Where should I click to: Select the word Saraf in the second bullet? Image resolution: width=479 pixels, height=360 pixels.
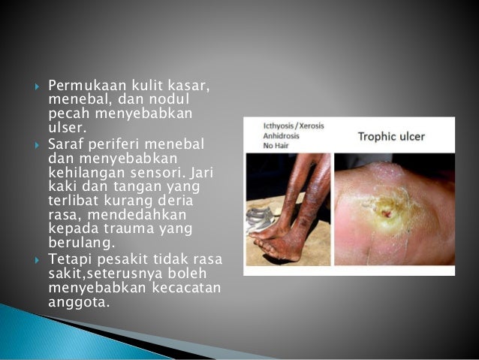click(x=65, y=144)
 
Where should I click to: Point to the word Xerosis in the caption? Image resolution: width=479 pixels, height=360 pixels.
click(x=310, y=126)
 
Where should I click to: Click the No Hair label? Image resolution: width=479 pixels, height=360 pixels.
click(x=275, y=146)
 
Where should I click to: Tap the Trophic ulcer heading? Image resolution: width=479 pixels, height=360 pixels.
click(x=392, y=137)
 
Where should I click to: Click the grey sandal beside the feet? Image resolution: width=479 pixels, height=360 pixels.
click(x=261, y=219)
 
